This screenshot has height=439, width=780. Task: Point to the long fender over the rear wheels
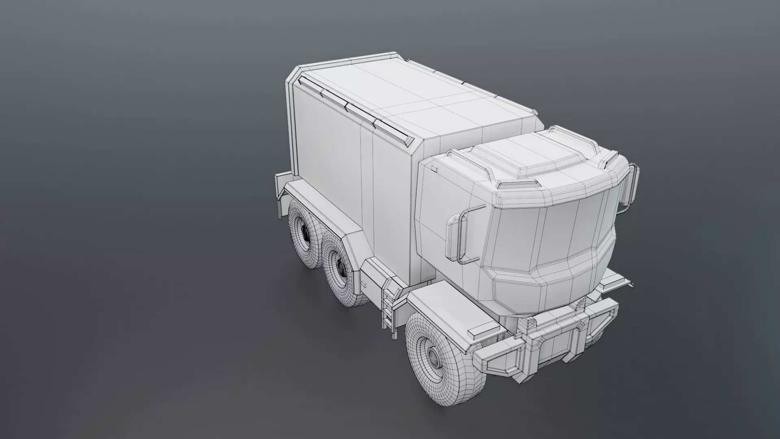325,211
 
